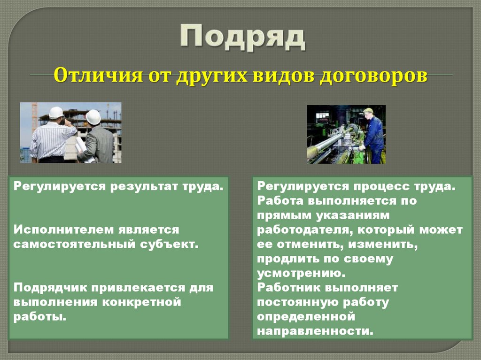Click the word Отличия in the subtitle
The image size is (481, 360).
pos(92,76)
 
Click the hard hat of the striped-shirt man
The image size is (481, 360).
pos(56,113)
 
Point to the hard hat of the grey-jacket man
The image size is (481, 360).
pos(93,117)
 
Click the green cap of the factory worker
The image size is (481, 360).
pos(368,111)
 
